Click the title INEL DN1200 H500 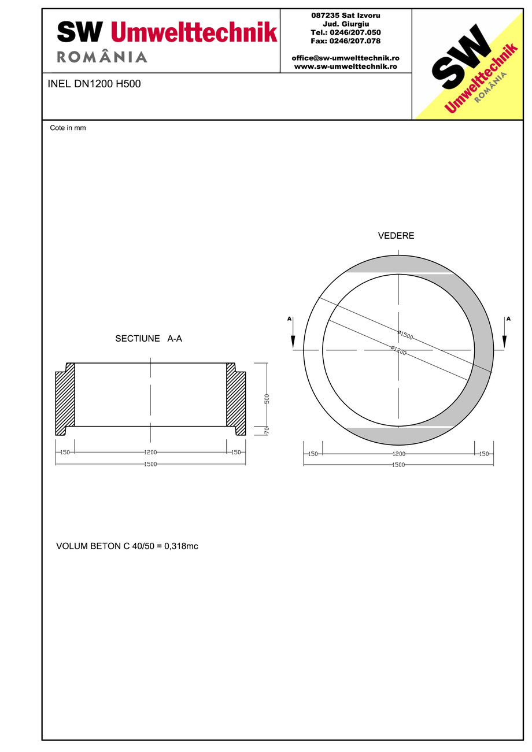[94, 84]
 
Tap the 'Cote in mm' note [68, 128]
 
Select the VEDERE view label [396, 236]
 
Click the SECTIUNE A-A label [149, 339]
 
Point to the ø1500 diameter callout [405, 335]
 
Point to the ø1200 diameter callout [398, 350]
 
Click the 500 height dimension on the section [267, 399]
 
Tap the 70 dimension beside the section [267, 431]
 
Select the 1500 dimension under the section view [150, 464]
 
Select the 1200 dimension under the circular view [399, 454]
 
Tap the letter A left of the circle [289, 318]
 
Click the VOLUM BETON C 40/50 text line [127, 546]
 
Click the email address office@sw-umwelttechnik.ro [345, 58]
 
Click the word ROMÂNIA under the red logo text [102, 57]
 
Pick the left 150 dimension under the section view [65, 452]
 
